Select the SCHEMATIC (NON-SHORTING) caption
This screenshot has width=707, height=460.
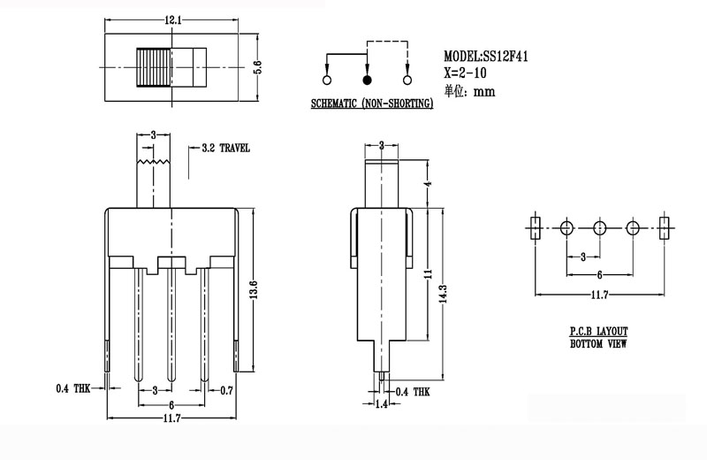pos(372,104)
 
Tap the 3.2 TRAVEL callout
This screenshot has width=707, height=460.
pos(225,148)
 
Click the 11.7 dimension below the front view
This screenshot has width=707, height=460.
pos(171,419)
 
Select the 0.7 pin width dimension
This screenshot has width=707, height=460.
pos(226,390)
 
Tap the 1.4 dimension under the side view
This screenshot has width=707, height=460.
pos(382,405)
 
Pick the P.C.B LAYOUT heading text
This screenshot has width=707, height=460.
pos(599,331)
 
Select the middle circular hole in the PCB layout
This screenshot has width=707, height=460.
pos(599,228)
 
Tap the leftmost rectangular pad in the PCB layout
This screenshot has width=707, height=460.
pos(534,228)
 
